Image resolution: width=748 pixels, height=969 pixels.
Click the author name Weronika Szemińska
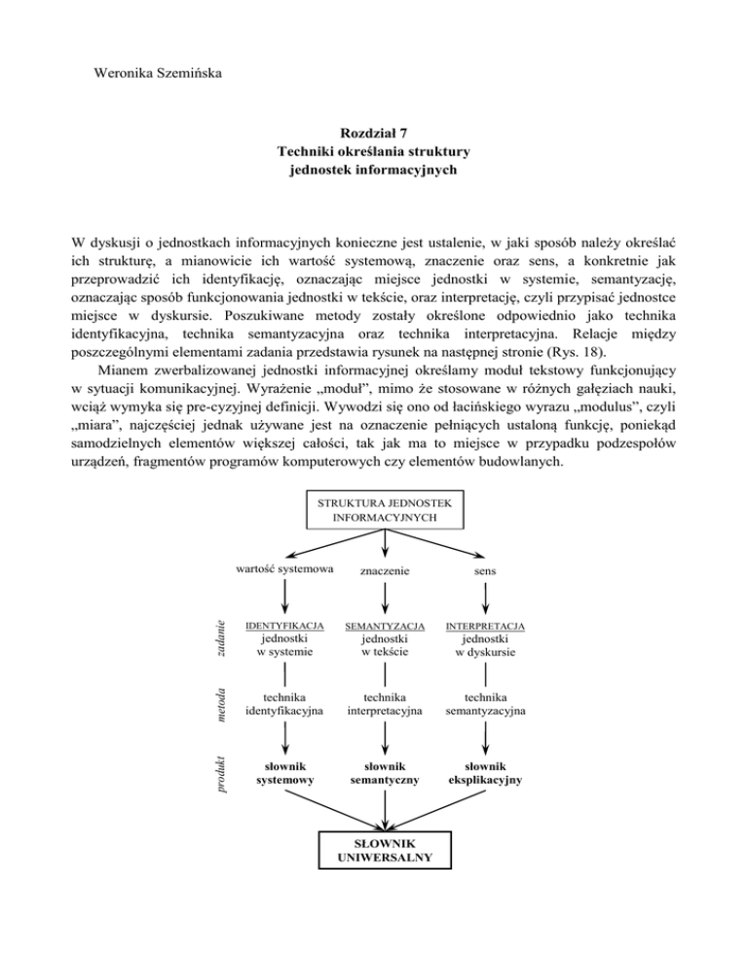pos(157,73)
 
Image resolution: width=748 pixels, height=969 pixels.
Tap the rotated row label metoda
pos(221,704)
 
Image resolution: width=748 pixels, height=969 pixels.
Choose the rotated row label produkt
pos(221,772)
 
